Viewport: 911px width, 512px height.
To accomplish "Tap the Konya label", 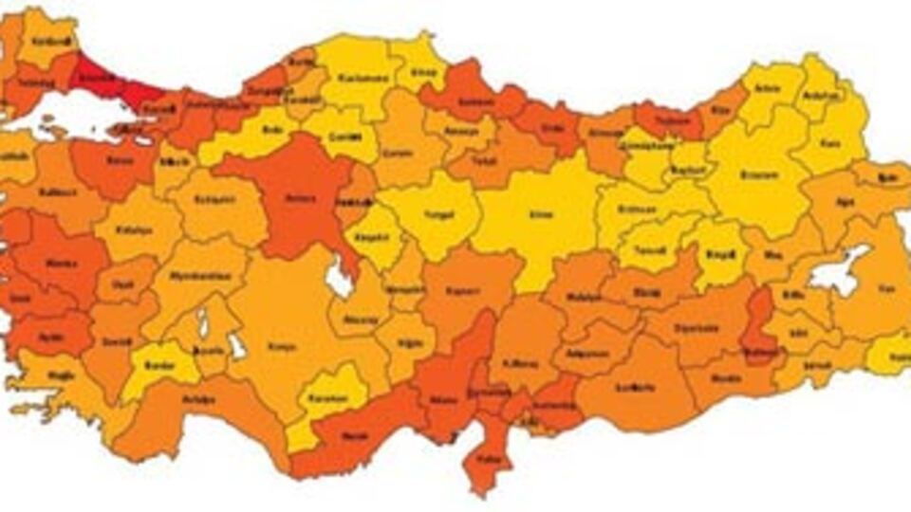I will coord(275,346).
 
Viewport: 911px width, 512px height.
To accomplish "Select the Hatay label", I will coord(489,458).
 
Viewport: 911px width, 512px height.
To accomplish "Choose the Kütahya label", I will coord(130,229).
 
